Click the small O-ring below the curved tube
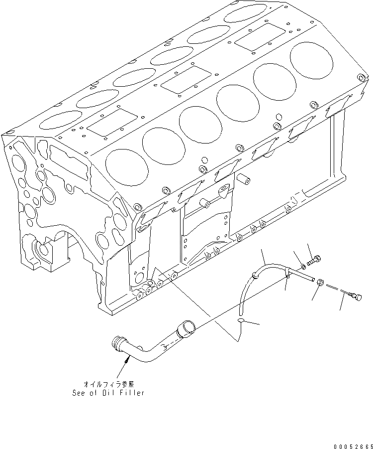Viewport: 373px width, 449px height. [241, 321]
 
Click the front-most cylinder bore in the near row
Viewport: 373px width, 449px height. [126, 164]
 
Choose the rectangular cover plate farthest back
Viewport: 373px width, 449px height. [255, 38]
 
